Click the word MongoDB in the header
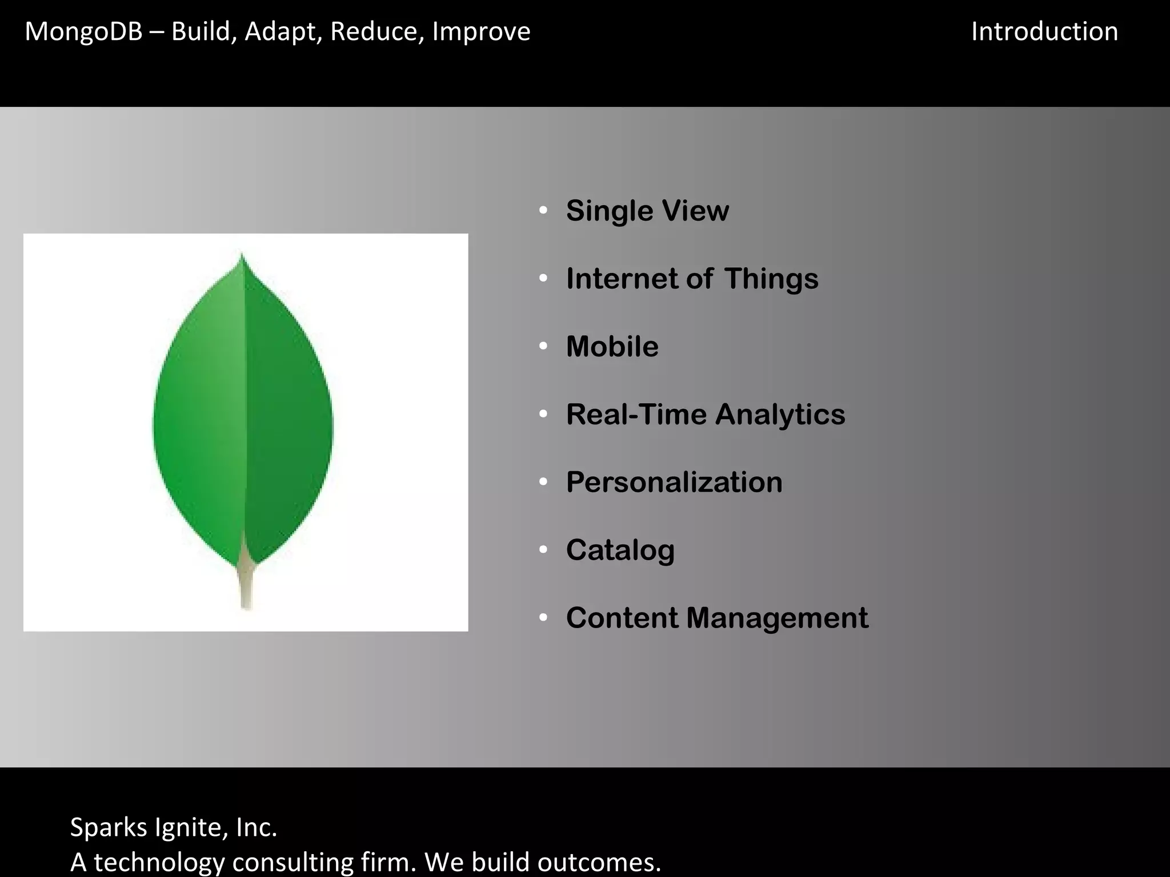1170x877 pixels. point(83,32)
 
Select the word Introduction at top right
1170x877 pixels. point(1044,32)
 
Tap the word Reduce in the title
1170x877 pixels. point(378,32)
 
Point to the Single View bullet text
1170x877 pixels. point(647,211)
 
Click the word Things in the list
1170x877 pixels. point(771,279)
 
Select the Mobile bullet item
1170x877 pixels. point(612,347)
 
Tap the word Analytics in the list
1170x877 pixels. point(780,415)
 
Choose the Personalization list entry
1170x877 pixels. point(674,482)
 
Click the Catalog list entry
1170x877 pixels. point(620,550)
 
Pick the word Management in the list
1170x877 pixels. point(777,618)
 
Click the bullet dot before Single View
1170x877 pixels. point(543,211)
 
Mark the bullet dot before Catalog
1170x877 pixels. point(543,550)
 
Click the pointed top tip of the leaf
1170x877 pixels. point(242,256)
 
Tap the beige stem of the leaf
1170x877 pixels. point(246,588)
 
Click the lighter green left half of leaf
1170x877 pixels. point(200,423)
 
